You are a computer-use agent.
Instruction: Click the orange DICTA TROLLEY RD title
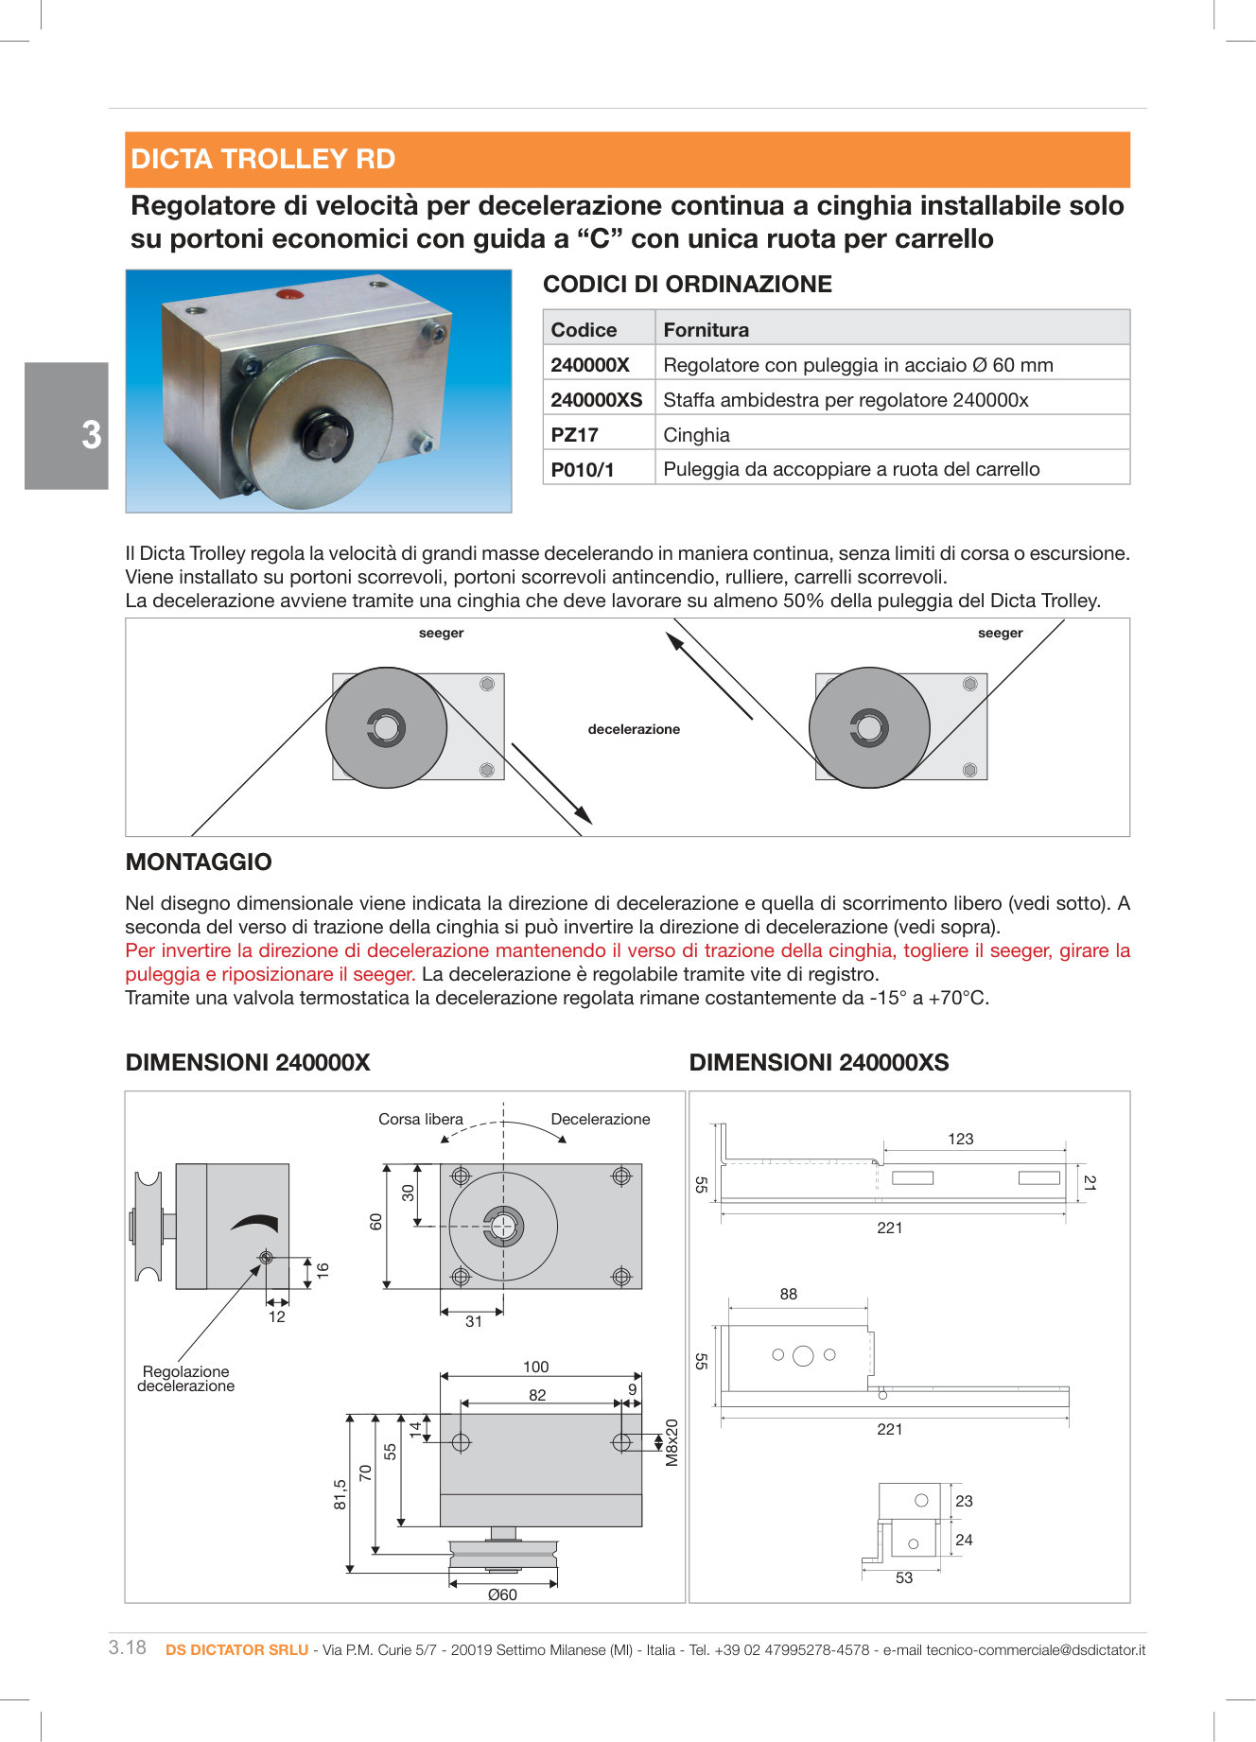[263, 159]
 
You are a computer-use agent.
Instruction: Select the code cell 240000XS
[596, 400]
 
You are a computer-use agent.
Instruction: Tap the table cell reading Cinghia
[696, 435]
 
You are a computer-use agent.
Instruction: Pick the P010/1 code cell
[582, 470]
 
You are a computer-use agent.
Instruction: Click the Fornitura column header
[706, 330]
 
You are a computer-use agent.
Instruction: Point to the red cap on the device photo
[289, 294]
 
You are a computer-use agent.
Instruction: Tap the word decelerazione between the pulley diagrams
[634, 729]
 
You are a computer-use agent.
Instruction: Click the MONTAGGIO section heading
[199, 862]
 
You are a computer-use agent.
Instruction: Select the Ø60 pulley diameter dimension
[502, 1594]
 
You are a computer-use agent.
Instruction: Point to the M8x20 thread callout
[672, 1442]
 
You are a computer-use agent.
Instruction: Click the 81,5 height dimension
[340, 1494]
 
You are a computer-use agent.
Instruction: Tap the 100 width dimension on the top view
[535, 1367]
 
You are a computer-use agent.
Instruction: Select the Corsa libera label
[420, 1119]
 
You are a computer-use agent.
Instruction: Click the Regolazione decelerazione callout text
[185, 1379]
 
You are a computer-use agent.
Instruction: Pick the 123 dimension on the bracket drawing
[960, 1139]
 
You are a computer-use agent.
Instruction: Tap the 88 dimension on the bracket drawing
[788, 1294]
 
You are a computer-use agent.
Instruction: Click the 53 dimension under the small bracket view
[903, 1577]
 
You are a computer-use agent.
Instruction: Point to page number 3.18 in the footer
[128, 1647]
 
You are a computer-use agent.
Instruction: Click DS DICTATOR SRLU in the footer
[236, 1649]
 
